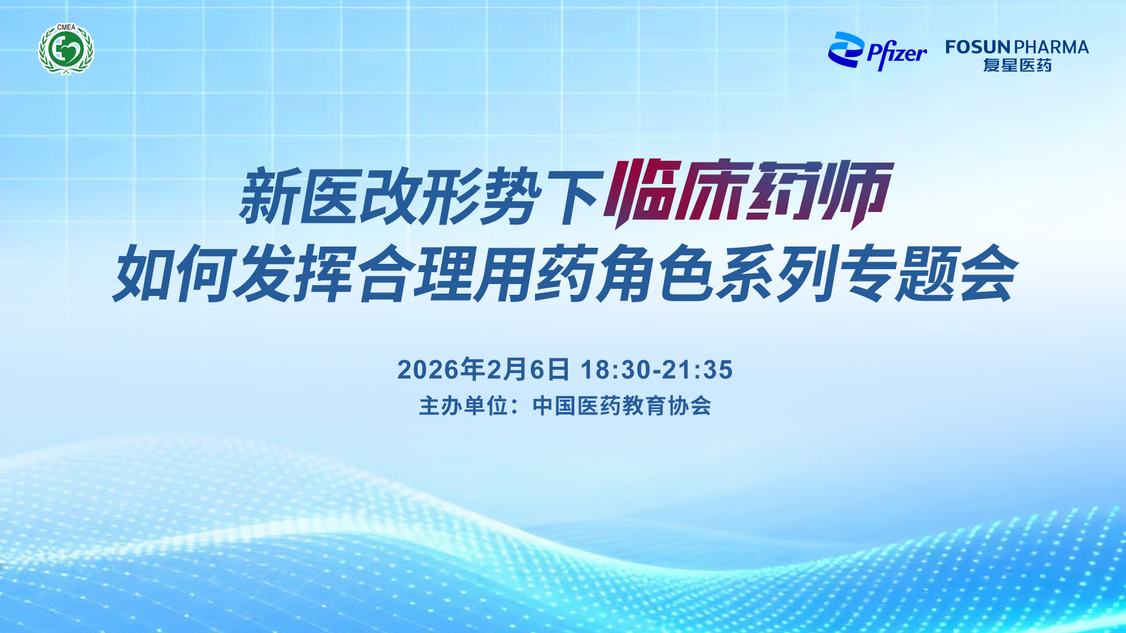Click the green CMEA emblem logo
(66, 49)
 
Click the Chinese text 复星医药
(1017, 65)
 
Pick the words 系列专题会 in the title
(867, 274)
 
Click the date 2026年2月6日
(483, 369)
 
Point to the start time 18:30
(615, 370)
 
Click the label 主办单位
(464, 406)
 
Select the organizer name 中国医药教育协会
(622, 406)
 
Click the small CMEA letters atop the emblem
(66, 27)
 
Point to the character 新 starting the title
(268, 197)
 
